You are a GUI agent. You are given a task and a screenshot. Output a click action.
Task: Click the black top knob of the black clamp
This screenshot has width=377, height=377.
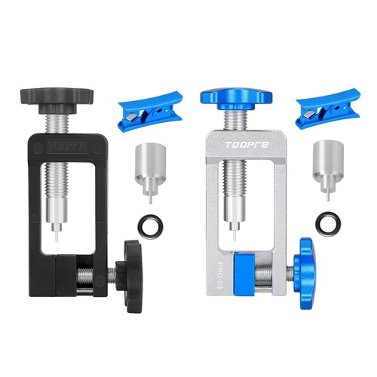57,100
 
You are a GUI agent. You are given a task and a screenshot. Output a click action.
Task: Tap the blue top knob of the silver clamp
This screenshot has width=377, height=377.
236,99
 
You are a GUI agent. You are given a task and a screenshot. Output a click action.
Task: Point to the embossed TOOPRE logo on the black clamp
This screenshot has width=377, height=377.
68,146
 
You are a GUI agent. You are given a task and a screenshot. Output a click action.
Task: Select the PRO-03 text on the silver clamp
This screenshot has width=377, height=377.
219,275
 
